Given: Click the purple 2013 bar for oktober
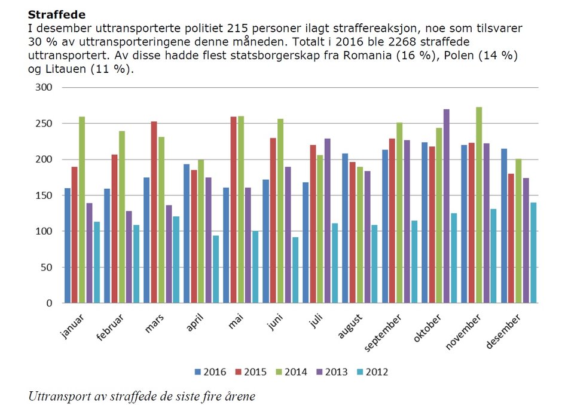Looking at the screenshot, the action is pyautogui.click(x=446, y=206).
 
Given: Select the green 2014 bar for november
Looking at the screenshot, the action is pyautogui.click(x=479, y=205).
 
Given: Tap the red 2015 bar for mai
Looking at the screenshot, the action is pyautogui.click(x=234, y=210).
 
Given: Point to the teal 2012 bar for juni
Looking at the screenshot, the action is pyautogui.click(x=295, y=270).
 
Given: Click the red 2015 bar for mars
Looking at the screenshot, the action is pyautogui.click(x=154, y=212).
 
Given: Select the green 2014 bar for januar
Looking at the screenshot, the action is pyautogui.click(x=82, y=210).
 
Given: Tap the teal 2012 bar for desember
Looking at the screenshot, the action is pyautogui.click(x=533, y=253).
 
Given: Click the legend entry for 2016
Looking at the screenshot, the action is pyautogui.click(x=210, y=372).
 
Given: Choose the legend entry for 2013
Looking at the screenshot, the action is pyautogui.click(x=332, y=372).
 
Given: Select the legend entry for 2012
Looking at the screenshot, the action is pyautogui.click(x=373, y=372).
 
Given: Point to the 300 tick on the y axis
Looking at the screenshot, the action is pyautogui.click(x=44, y=87).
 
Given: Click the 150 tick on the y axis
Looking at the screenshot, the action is pyautogui.click(x=44, y=195).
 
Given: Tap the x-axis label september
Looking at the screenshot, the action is pyautogui.click(x=383, y=333).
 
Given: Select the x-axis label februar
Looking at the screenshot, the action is pyautogui.click(x=110, y=328).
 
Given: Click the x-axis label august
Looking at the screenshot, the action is pyautogui.click(x=350, y=326).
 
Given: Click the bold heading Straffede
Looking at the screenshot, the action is pyautogui.click(x=57, y=14).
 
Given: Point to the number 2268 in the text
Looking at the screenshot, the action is pyautogui.click(x=402, y=42).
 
